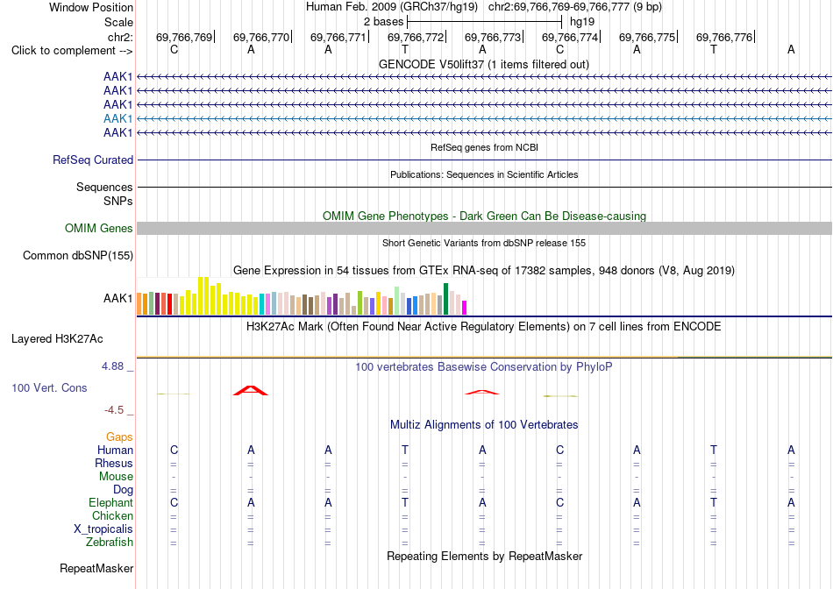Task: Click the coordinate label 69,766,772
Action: click(416, 37)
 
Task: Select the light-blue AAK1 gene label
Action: click(118, 118)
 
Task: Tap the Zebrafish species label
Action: click(110, 543)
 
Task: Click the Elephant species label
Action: click(110, 502)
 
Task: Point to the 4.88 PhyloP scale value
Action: click(112, 366)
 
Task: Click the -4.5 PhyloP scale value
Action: click(114, 410)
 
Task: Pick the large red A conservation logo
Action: click(251, 391)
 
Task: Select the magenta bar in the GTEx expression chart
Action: click(464, 308)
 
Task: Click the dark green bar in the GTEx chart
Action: click(445, 299)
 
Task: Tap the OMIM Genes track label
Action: click(98, 229)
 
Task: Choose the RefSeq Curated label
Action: click(93, 160)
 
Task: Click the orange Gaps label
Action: click(119, 437)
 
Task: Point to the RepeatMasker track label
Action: click(96, 568)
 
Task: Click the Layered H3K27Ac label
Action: click(57, 339)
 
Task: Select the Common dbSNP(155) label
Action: click(77, 255)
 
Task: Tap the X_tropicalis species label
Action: click(103, 529)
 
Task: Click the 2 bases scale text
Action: click(383, 22)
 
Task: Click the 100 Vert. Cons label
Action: click(49, 387)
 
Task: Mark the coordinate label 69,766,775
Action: click(647, 37)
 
